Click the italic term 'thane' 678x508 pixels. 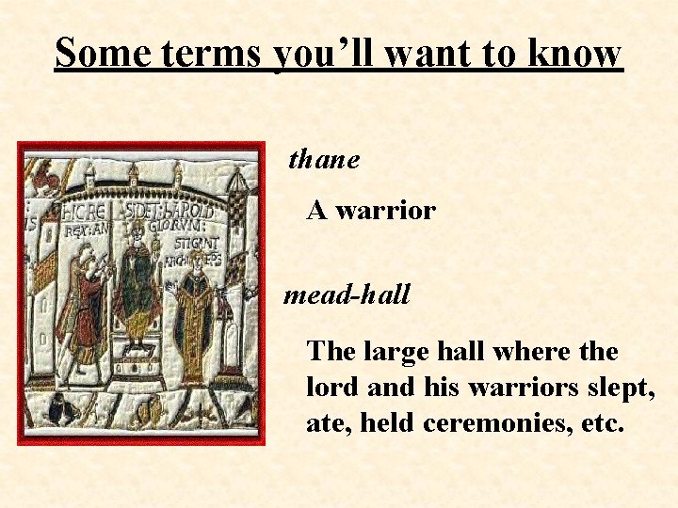coord(324,161)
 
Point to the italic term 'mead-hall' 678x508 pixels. coord(347,296)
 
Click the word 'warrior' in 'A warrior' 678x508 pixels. coord(385,211)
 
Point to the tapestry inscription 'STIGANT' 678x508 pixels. coord(199,245)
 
